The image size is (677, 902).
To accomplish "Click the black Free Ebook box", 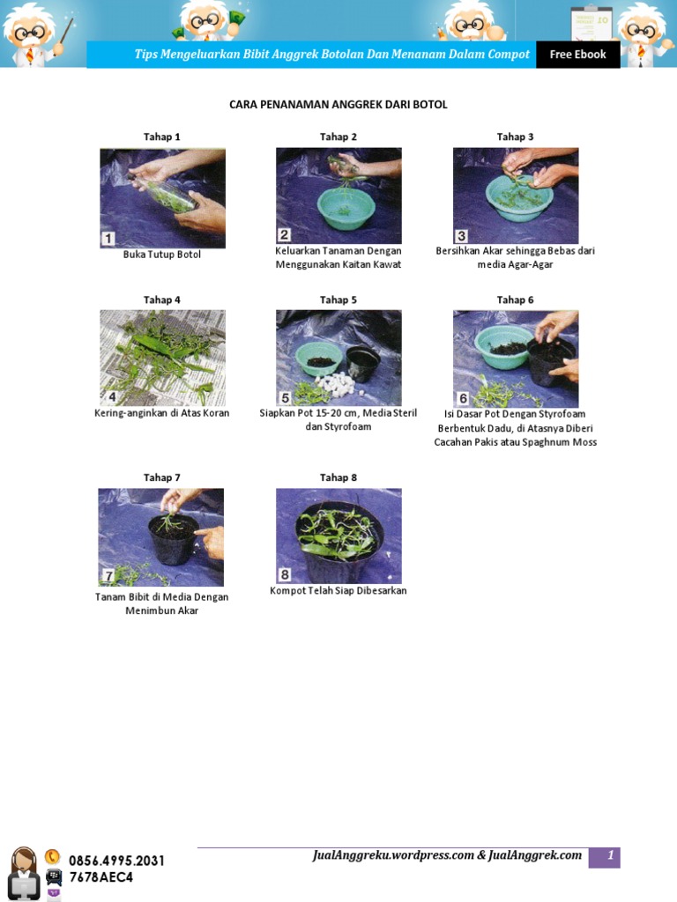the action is click(578, 54).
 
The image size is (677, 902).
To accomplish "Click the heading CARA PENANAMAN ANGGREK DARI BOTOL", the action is click(338, 104).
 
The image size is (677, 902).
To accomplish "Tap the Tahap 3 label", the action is click(515, 137).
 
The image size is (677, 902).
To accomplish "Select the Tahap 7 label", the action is click(162, 477).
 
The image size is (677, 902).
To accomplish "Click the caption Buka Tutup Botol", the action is click(162, 255).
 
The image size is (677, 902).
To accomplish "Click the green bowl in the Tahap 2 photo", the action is click(346, 208).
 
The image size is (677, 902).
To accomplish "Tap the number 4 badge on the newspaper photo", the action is click(112, 397).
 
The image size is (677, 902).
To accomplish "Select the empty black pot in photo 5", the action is click(362, 364).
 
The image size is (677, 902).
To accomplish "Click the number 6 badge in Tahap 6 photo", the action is click(463, 398).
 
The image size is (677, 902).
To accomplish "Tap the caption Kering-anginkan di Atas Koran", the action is click(162, 413).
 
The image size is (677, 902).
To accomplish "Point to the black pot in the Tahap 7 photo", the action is click(174, 539).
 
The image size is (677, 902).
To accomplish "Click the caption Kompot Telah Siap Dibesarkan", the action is click(338, 591).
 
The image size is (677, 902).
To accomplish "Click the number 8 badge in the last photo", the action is click(285, 574).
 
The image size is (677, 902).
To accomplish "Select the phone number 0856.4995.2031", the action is click(117, 861).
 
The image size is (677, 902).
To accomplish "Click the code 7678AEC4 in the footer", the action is click(101, 877).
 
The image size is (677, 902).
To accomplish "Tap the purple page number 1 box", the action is click(605, 857).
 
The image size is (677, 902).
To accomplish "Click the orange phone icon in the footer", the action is click(52, 857).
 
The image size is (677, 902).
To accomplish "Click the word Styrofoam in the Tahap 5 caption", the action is click(347, 427).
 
